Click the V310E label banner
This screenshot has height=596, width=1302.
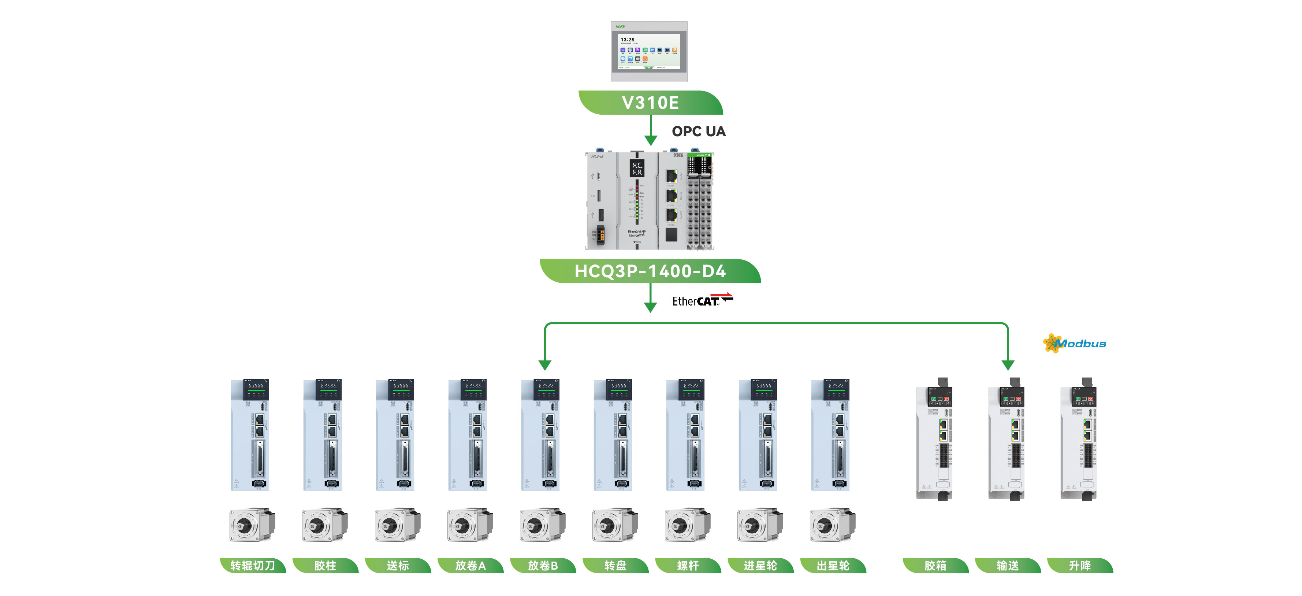(651, 103)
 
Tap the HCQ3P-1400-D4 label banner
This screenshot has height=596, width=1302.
(651, 271)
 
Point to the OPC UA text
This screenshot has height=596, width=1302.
(699, 132)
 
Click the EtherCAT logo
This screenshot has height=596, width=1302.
(702, 300)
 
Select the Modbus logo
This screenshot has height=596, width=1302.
(1075, 344)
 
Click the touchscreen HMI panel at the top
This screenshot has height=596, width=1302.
(649, 52)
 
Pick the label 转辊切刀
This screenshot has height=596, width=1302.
(253, 565)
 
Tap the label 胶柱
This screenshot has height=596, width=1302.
(325, 565)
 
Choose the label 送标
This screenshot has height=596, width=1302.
(398, 565)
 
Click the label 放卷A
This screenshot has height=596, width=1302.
(470, 565)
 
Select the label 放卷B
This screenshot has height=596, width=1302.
(543, 565)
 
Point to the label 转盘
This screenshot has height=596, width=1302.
(615, 565)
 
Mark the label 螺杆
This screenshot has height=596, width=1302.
(688, 565)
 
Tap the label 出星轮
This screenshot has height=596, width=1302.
(833, 565)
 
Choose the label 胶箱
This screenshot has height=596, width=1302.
(935, 565)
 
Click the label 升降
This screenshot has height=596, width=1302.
(1080, 565)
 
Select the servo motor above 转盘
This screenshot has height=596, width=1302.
(615, 525)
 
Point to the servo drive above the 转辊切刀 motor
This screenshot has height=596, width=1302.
(250, 435)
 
